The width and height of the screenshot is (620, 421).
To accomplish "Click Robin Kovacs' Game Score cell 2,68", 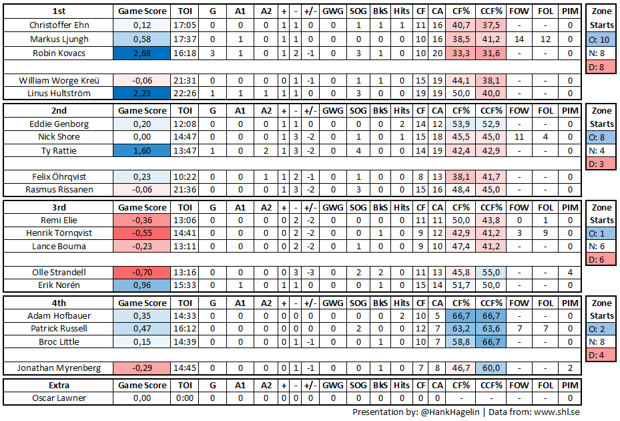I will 142,53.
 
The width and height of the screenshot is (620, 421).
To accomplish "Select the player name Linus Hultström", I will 59,93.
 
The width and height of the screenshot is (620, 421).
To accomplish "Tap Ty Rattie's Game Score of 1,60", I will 142,151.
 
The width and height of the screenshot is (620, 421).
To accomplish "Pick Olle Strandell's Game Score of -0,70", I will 142,272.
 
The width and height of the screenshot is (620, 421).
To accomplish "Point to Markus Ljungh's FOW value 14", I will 519,39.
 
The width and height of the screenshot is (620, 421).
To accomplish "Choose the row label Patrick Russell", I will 59,329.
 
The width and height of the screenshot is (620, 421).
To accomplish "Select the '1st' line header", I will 59,11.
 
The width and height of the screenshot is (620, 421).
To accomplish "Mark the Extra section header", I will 59,386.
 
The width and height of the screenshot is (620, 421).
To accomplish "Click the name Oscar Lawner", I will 59,398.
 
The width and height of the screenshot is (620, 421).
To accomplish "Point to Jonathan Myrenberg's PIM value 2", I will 570,368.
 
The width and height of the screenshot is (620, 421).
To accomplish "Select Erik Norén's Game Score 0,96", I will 142,285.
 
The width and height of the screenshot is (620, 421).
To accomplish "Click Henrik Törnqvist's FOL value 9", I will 545,233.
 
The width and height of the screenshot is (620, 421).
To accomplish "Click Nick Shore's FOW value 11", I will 519,137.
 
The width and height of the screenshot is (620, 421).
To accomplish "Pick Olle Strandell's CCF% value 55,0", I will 491,272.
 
